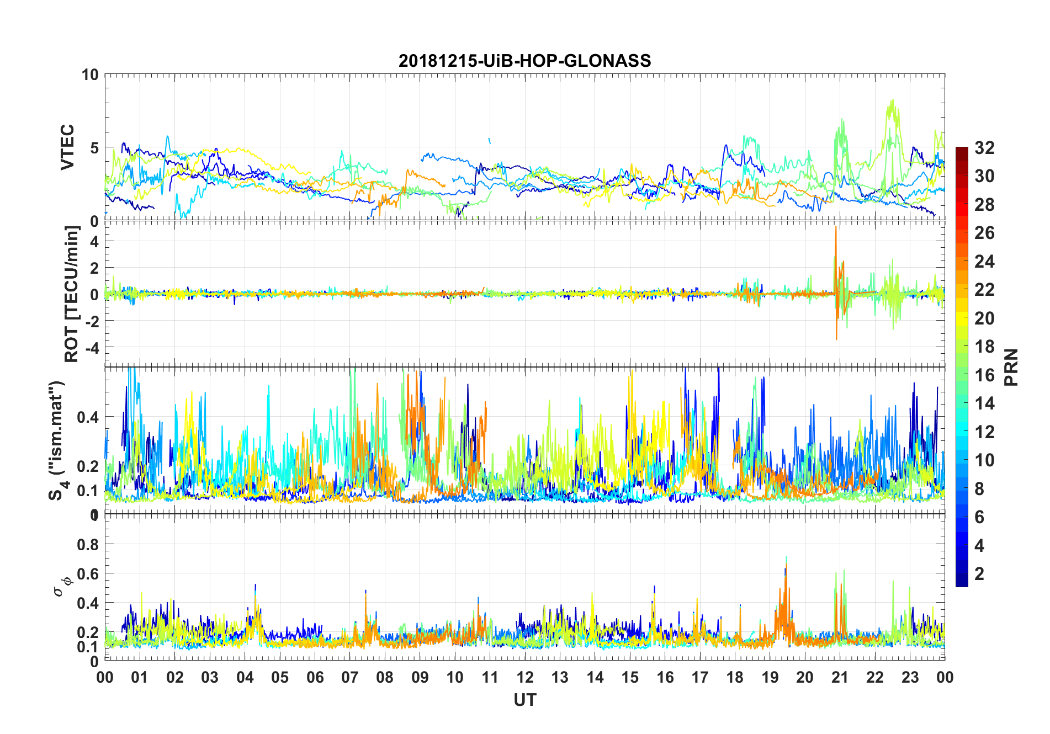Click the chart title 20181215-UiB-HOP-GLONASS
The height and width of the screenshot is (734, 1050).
524,61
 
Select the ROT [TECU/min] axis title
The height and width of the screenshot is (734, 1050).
72,294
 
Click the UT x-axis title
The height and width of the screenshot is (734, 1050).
524,700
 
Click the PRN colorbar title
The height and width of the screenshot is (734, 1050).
1011,367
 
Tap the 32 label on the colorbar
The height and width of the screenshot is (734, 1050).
984,148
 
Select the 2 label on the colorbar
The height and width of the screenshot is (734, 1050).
979,574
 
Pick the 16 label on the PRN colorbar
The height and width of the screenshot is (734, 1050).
984,375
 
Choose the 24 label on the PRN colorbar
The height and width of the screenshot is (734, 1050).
984,262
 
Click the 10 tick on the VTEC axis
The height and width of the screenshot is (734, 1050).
90,75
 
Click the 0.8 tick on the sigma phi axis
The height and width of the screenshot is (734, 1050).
88,545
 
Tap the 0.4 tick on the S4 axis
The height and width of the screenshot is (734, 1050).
88,417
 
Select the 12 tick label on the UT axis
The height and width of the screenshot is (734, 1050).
524,678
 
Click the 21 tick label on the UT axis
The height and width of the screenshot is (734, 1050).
840,678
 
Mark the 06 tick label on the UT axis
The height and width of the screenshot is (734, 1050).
315,678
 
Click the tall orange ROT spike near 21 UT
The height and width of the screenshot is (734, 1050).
836,232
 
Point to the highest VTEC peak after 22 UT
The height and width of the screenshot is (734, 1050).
892,102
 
